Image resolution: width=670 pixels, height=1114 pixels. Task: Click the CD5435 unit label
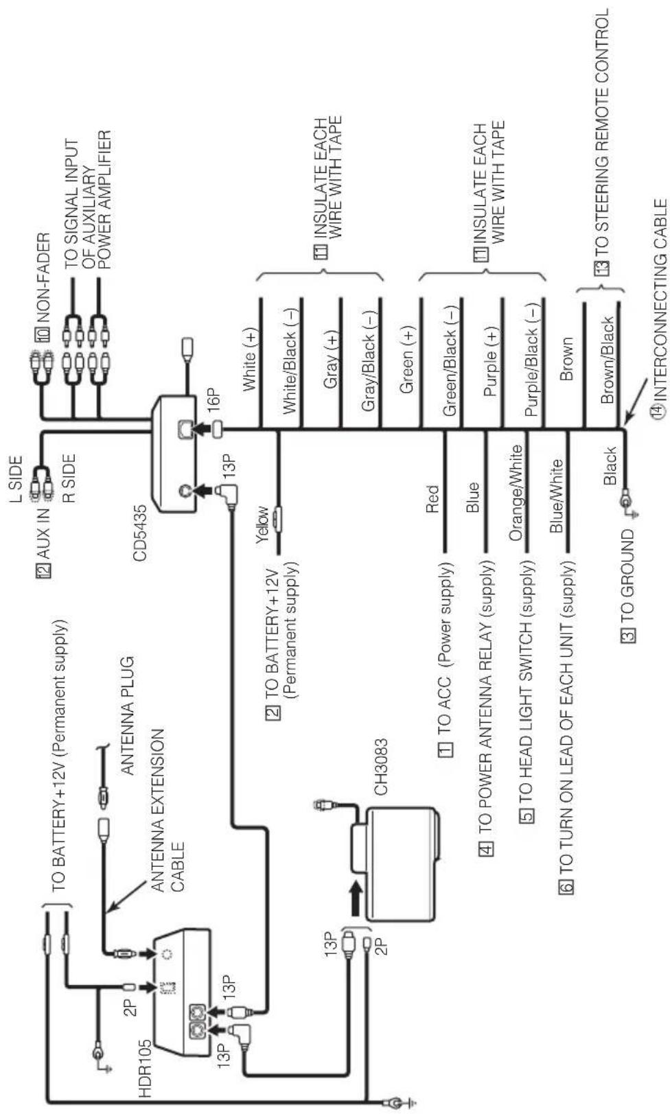pos(140,533)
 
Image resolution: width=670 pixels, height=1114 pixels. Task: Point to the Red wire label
pos(432,499)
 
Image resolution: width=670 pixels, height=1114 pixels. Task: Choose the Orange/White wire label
pos(516,492)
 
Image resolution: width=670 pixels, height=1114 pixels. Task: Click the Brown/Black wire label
pos(608,360)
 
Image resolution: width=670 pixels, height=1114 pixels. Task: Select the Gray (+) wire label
pos(331,360)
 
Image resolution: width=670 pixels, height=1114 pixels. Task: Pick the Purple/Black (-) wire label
pos(531,360)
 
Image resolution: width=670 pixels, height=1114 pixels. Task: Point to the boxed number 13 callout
pos(602,268)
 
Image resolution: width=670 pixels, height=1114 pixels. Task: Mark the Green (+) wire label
pos(407,360)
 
